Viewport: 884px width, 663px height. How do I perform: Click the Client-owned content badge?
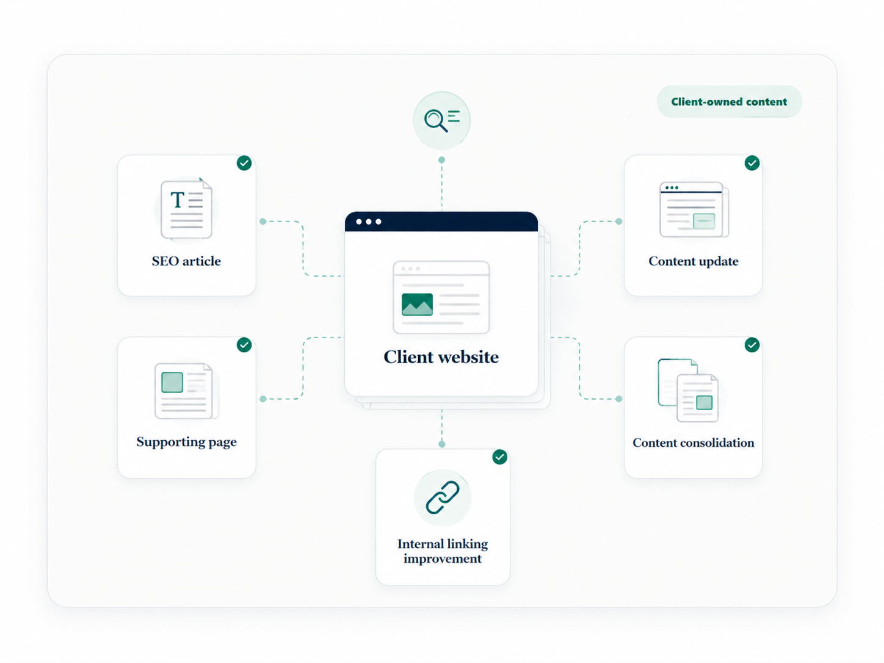point(729,101)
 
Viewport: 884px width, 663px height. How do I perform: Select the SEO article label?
point(186,261)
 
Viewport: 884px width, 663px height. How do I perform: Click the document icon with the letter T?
point(186,209)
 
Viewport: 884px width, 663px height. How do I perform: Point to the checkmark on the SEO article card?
point(244,163)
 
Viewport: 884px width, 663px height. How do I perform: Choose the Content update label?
point(693,261)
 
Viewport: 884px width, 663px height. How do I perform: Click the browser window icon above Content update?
point(694,209)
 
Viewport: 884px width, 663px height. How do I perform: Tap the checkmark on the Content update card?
point(752,163)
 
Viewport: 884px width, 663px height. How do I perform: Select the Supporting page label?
point(186,442)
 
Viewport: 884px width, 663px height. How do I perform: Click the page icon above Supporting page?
point(186,391)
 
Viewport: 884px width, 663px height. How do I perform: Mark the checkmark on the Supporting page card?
point(244,345)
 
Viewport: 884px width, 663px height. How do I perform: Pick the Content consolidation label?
point(693,443)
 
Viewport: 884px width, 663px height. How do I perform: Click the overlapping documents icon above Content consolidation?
point(688,390)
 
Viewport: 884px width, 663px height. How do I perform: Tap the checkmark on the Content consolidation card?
point(752,345)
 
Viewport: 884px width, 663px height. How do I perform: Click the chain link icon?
point(442,498)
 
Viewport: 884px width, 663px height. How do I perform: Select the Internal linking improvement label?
point(443,551)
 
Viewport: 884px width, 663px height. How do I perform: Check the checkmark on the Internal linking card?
point(500,457)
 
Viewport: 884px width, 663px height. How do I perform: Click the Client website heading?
point(441,357)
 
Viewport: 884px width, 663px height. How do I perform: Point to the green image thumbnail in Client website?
point(417,304)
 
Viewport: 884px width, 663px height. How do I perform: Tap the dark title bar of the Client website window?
point(441,222)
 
